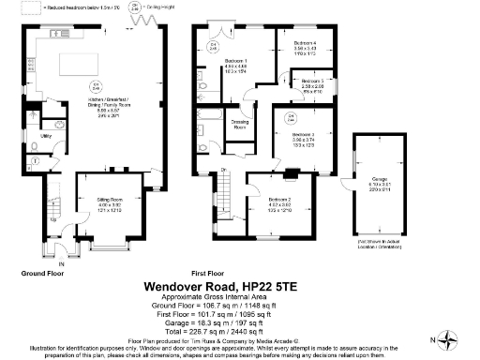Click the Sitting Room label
(112, 200)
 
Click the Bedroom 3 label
(302, 135)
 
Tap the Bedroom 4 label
(306, 44)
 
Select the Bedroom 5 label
(312, 82)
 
